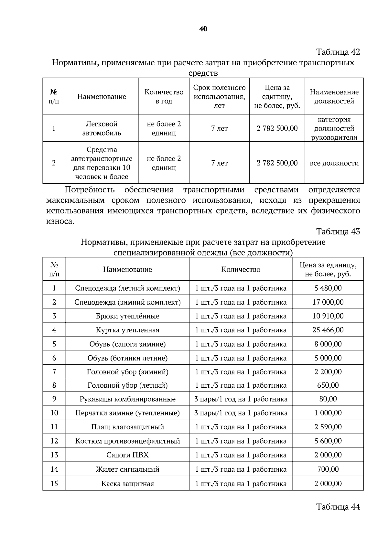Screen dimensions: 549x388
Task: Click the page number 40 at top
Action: [203, 29]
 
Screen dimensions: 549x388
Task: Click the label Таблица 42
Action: [338, 52]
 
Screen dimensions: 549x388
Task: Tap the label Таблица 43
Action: [338, 231]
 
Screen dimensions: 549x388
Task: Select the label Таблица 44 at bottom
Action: [338, 506]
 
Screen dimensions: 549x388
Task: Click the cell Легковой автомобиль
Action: [102, 128]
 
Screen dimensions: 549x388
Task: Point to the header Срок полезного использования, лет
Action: [219, 96]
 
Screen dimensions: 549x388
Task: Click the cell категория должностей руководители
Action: [334, 128]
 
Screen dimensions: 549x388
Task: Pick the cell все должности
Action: [334, 163]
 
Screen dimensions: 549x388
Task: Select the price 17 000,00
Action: [328, 302]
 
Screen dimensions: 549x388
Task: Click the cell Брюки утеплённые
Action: [127, 316]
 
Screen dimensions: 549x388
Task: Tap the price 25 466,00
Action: [328, 330]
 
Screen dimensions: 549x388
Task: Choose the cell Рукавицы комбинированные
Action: [127, 399]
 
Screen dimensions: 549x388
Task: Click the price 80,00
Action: [328, 399]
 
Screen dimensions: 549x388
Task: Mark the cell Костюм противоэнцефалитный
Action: [127, 441]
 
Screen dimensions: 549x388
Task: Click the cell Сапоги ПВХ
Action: [127, 455]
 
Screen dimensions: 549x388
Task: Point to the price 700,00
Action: [328, 469]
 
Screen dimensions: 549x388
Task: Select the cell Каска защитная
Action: [127, 484]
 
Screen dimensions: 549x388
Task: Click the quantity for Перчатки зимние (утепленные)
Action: [241, 413]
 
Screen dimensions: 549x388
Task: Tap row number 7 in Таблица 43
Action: [54, 372]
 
